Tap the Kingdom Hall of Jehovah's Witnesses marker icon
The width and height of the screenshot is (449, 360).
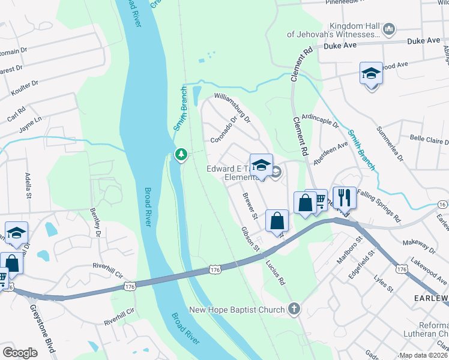pos(388,28)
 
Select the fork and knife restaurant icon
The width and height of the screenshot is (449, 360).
pos(345,197)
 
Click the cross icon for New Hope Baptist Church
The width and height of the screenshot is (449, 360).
pos(293,309)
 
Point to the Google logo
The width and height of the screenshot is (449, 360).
pos(20,352)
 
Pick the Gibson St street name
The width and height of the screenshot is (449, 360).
pos(250,239)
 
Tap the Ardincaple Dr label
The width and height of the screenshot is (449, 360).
pos(321,121)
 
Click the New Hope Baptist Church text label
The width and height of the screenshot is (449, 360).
pos(237,310)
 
